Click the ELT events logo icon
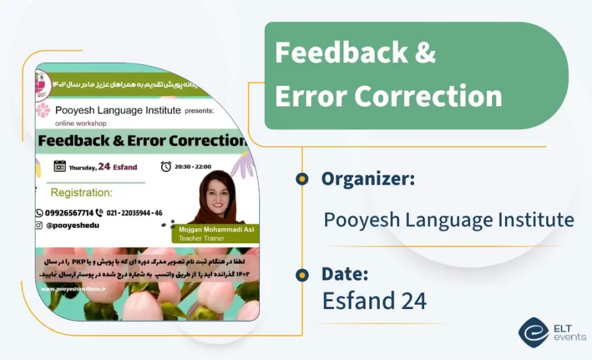tap(533, 331)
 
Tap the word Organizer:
tap(368, 179)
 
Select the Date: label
tap(345, 274)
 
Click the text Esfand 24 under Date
tap(374, 301)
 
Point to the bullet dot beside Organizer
tap(302, 179)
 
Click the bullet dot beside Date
tap(302, 274)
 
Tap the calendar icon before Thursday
tap(60, 166)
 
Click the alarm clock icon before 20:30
tap(166, 166)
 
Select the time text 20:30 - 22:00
tap(194, 167)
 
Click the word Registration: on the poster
tap(81, 193)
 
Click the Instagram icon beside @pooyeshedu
tap(39, 226)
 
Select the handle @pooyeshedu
tap(73, 226)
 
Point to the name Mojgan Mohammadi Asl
tap(216, 229)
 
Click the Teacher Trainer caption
tap(197, 238)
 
